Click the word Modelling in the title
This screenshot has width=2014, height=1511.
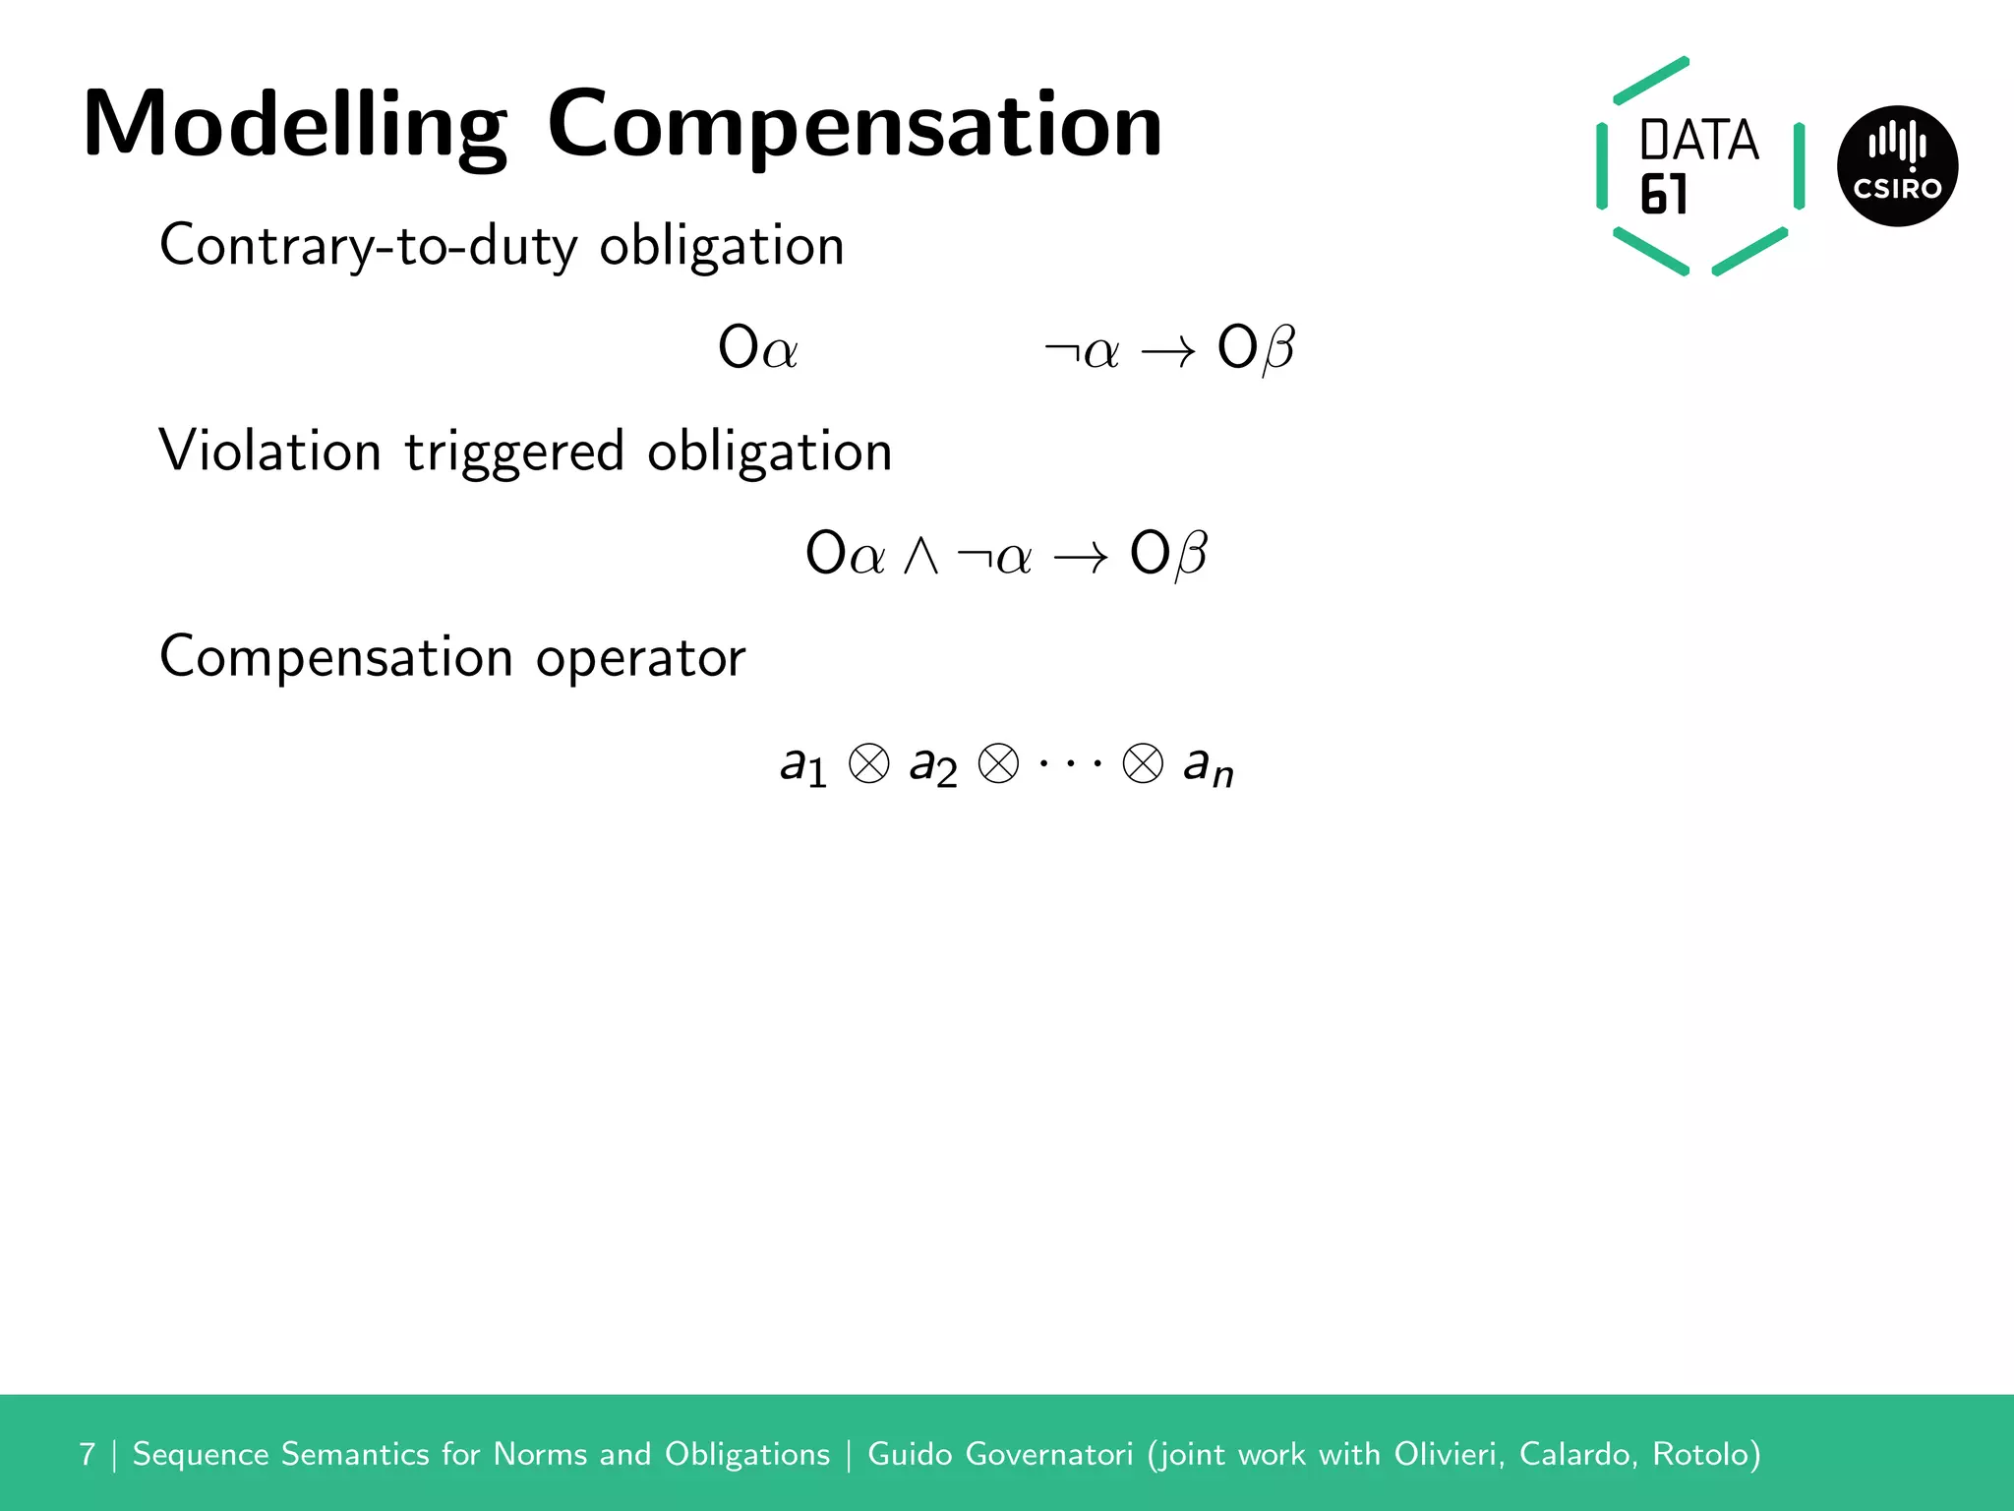pyautogui.click(x=295, y=126)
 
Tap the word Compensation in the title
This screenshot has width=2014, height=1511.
pyautogui.click(x=854, y=126)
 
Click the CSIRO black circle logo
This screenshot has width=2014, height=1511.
pyautogui.click(x=1897, y=166)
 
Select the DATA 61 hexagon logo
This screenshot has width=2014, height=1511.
pyautogui.click(x=1699, y=166)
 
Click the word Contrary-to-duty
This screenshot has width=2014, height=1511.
pyautogui.click(x=368, y=246)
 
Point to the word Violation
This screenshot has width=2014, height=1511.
pyautogui.click(x=269, y=452)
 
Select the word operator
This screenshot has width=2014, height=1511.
pyautogui.click(x=640, y=658)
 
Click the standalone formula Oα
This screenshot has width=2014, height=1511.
pyautogui.click(x=757, y=348)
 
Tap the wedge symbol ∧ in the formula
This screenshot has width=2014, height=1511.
pyautogui.click(x=920, y=555)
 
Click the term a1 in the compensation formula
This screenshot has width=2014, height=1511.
pyautogui.click(x=802, y=765)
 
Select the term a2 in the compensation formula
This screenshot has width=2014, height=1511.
pyautogui.click(x=932, y=765)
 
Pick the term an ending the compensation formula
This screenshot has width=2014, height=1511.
pyautogui.click(x=1208, y=765)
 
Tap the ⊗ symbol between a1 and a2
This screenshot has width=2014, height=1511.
pyautogui.click(x=868, y=763)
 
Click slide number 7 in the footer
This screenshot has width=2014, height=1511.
pyautogui.click(x=88, y=1454)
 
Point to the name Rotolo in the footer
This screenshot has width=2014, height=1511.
pyautogui.click(x=1705, y=1454)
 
